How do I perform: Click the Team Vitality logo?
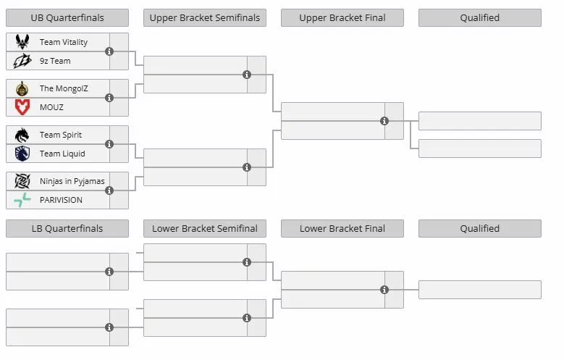[x=22, y=42]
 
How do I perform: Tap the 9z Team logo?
[x=22, y=61]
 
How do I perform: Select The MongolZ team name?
[x=64, y=88]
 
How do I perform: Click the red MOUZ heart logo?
[x=22, y=107]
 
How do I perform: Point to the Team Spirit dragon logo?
[x=22, y=135]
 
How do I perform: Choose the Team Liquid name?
[x=62, y=154]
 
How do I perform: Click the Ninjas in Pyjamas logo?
[x=22, y=181]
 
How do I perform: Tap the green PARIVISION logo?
[x=22, y=200]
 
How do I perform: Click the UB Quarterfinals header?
[x=67, y=17]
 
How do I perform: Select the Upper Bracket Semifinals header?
[x=205, y=17]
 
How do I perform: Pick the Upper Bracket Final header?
[x=342, y=17]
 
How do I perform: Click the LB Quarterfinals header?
[x=67, y=229]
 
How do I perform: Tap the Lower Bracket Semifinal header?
[x=205, y=229]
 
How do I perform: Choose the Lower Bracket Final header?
[x=342, y=229]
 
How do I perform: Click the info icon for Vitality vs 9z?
[x=109, y=51]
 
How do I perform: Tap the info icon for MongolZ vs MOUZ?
[x=109, y=98]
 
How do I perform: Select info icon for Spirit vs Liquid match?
[x=109, y=144]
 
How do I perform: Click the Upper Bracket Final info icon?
[x=384, y=121]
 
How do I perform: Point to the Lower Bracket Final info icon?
[x=384, y=290]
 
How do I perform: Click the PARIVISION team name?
[x=61, y=200]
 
